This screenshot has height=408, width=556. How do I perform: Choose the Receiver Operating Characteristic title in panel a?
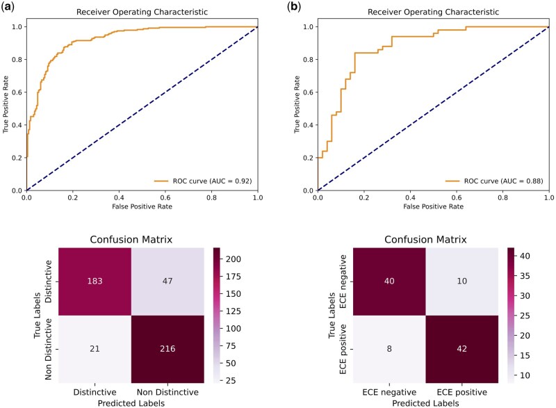(x=142, y=13)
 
